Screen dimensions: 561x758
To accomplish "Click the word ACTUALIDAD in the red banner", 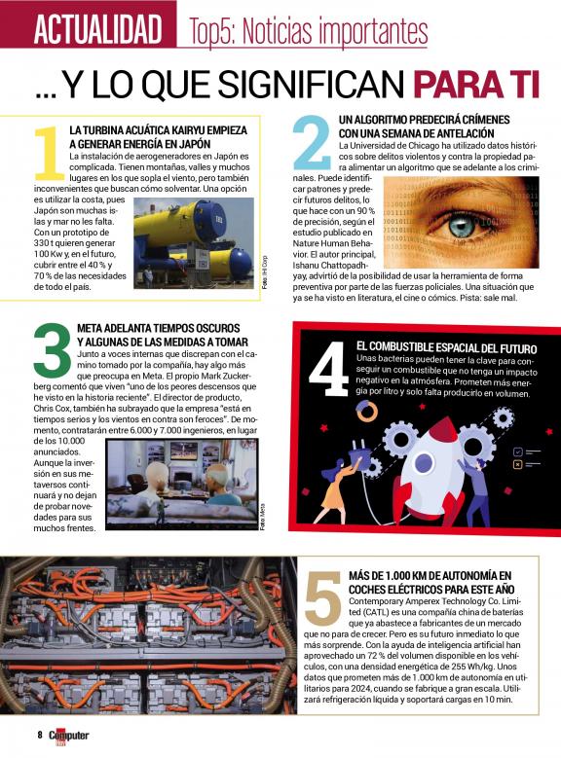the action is (x=97, y=29).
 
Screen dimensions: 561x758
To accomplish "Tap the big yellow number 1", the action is (x=49, y=153).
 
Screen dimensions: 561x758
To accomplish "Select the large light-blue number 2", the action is (x=313, y=141).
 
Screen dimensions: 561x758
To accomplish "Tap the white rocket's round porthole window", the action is (x=425, y=465).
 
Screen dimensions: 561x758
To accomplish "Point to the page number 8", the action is (x=40, y=735).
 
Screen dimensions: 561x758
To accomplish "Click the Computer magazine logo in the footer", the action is (x=69, y=737).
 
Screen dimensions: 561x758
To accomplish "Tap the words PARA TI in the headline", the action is (x=476, y=85).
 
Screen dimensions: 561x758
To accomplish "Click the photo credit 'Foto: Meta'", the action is (x=262, y=518).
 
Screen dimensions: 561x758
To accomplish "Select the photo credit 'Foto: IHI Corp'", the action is (x=264, y=272).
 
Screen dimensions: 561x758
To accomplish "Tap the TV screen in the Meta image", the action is (x=184, y=451).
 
